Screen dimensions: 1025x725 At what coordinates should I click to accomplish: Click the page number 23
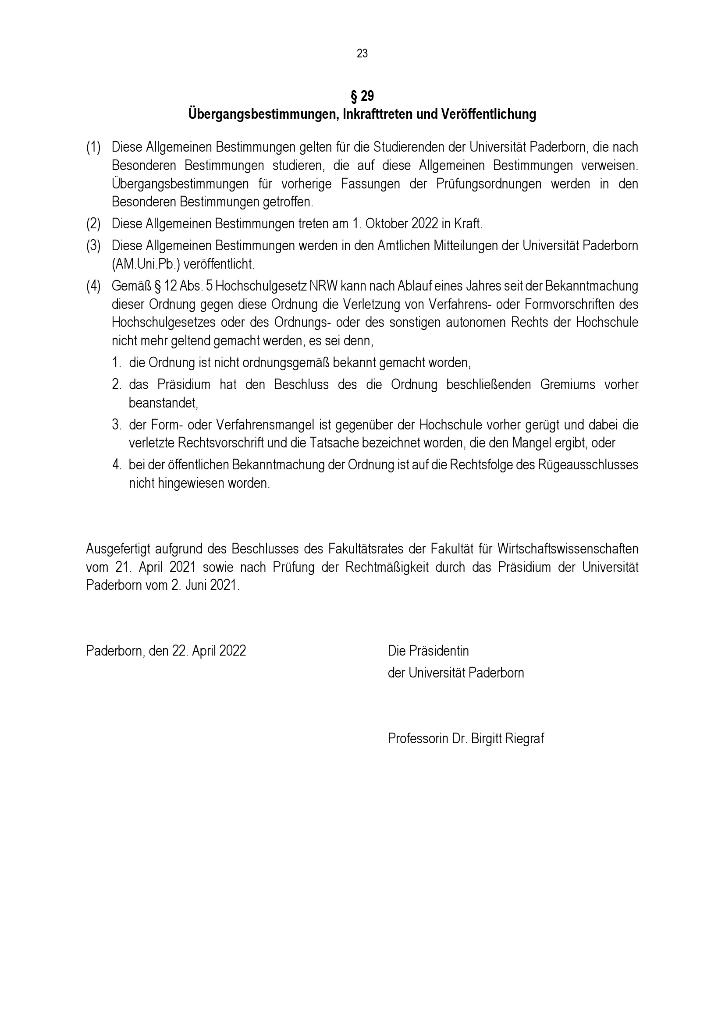tap(362, 53)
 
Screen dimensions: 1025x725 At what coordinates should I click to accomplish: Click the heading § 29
tap(362, 96)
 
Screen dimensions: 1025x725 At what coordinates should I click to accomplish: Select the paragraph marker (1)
tap(93, 147)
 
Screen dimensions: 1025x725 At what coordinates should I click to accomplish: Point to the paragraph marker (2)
tap(93, 223)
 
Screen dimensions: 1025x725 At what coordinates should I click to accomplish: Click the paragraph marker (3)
tap(93, 245)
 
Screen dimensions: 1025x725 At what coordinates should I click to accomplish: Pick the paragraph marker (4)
tap(93, 286)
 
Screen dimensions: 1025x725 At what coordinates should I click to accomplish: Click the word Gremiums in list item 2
tap(567, 384)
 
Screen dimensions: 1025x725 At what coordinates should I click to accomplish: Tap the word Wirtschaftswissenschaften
tap(567, 548)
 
